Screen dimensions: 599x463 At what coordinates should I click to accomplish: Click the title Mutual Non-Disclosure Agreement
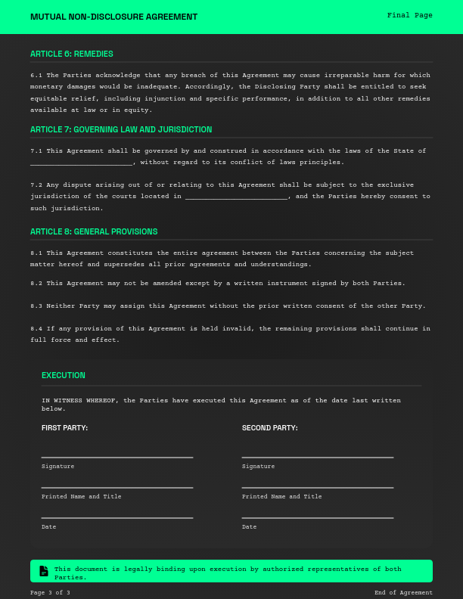click(x=113, y=17)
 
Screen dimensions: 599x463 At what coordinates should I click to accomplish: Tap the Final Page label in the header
click(x=409, y=15)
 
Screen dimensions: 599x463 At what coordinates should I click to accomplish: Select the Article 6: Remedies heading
click(x=72, y=54)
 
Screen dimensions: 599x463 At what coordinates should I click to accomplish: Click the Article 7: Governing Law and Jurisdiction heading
click(x=121, y=129)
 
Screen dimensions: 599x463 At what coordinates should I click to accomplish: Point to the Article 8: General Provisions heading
click(x=94, y=231)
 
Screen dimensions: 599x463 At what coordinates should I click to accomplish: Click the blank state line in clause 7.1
click(x=82, y=163)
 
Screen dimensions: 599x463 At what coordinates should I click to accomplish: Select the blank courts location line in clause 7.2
click(x=236, y=197)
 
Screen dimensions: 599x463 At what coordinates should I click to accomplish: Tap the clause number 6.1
click(x=36, y=76)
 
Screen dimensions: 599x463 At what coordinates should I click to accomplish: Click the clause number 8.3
click(x=36, y=306)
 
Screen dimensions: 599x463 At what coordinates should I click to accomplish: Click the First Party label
click(x=64, y=428)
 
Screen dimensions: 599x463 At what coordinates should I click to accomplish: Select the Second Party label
click(x=269, y=428)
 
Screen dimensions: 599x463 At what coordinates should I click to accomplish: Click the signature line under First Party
click(x=117, y=457)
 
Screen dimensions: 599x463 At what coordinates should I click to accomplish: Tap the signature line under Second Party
click(x=318, y=457)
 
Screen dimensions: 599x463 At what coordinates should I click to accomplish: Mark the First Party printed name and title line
click(x=117, y=487)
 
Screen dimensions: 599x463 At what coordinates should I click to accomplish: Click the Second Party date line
click(x=318, y=517)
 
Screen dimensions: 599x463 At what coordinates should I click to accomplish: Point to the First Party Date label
click(x=48, y=527)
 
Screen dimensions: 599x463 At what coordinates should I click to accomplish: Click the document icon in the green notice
click(x=44, y=571)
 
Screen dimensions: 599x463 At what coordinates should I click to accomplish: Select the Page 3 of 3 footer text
click(x=50, y=593)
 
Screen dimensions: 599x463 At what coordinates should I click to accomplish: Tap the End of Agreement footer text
click(x=403, y=593)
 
